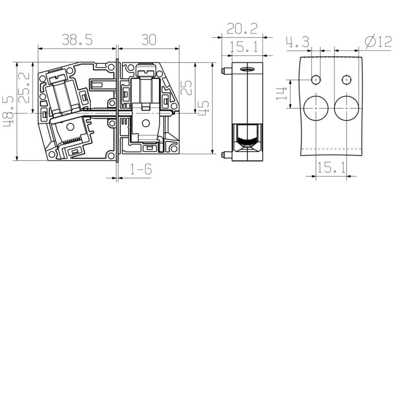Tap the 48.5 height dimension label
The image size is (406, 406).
pos(9,112)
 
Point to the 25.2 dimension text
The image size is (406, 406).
pos(24,88)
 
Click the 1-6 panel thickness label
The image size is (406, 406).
pos(141,169)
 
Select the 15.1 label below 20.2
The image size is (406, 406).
pos(244,48)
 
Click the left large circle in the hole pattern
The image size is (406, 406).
pos(316,108)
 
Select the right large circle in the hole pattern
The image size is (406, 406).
pos(347,108)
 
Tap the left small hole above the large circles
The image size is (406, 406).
pos(316,80)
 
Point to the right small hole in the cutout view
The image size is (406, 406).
pos(347,80)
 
